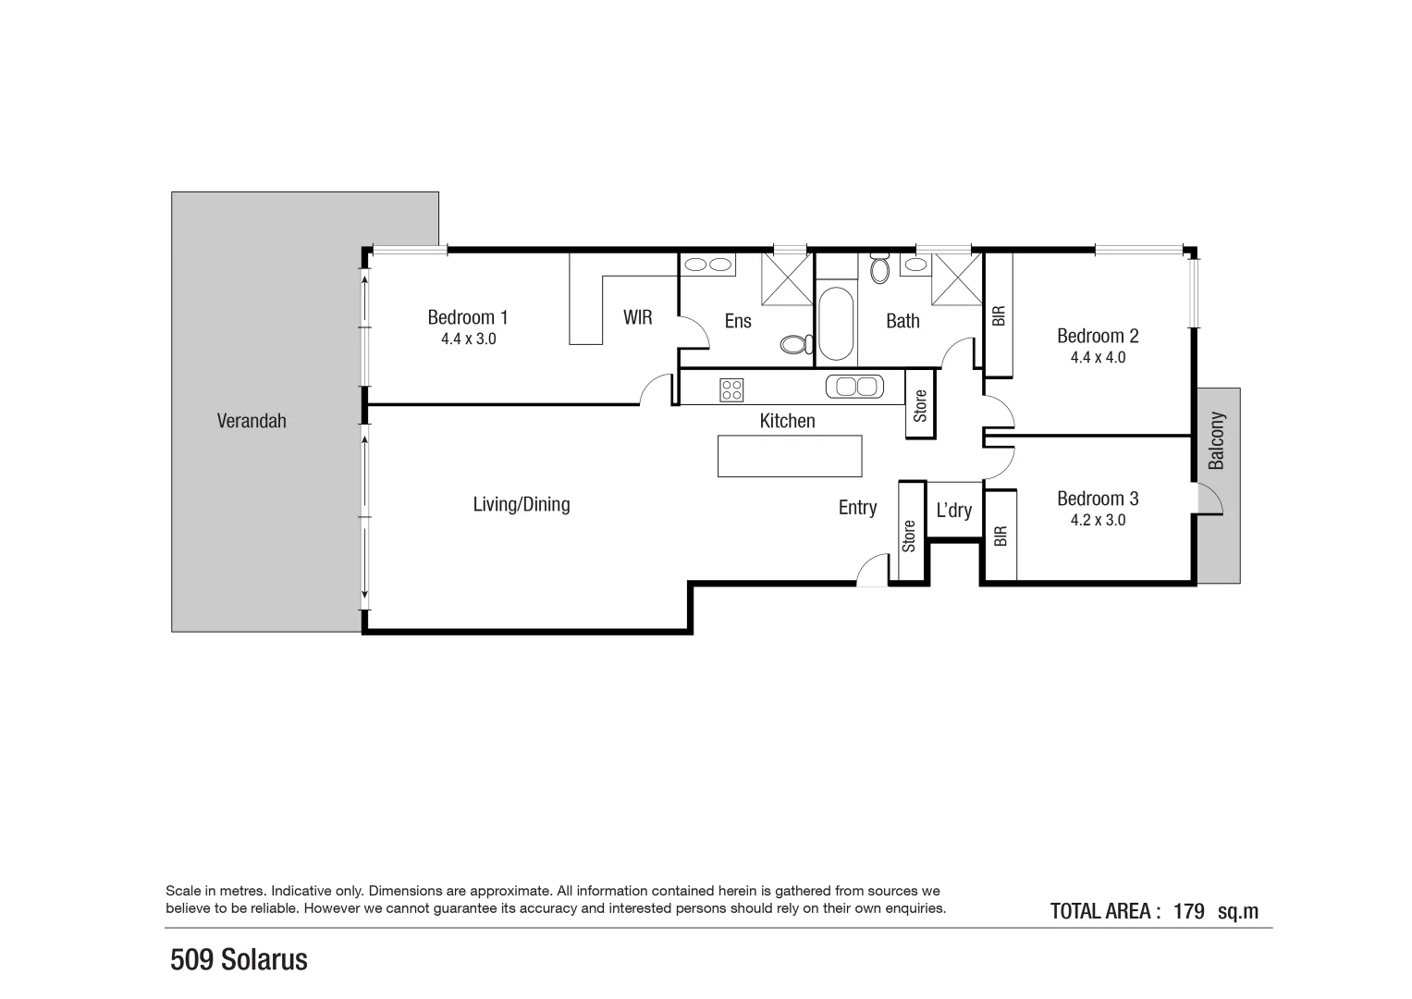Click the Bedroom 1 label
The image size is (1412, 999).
467,317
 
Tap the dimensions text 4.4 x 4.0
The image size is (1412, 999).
1098,358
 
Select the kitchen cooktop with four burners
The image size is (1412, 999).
731,390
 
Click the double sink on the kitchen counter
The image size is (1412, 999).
855,386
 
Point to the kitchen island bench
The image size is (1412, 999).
789,456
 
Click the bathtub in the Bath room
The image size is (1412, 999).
835,323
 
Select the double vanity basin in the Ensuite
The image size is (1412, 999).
707,265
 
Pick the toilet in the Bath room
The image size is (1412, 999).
879,269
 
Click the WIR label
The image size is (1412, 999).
637,318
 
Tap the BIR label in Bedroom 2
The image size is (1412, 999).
998,316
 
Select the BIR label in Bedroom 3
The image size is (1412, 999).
1000,536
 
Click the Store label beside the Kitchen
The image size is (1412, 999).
920,406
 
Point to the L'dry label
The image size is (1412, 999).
953,511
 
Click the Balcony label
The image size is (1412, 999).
1217,440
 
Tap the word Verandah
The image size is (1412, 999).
252,421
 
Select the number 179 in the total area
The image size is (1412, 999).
1188,911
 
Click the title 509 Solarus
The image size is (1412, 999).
239,960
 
